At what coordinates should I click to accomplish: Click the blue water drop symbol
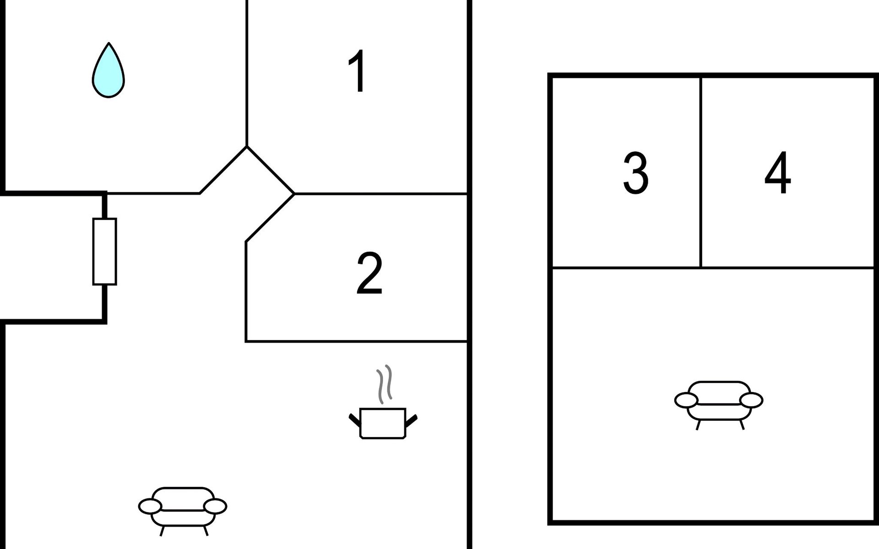(x=108, y=70)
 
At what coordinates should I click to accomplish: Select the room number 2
(x=369, y=273)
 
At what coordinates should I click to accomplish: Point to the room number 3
(x=636, y=173)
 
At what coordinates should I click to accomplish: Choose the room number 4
(x=778, y=172)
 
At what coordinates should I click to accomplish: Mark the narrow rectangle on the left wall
(x=105, y=252)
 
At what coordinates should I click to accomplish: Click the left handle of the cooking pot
(x=355, y=420)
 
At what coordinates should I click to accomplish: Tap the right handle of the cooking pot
(x=411, y=420)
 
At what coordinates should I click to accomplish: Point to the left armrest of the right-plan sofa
(x=686, y=400)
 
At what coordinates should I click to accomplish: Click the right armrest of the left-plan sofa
(x=215, y=506)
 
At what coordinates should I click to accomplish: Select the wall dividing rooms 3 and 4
(x=700, y=172)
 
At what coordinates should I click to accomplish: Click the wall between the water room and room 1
(x=247, y=73)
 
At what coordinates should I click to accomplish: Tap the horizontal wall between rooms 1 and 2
(x=381, y=194)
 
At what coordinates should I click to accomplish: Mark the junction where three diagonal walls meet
(x=247, y=146)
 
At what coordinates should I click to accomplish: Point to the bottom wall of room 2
(x=356, y=341)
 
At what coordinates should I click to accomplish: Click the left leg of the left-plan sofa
(x=163, y=531)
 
